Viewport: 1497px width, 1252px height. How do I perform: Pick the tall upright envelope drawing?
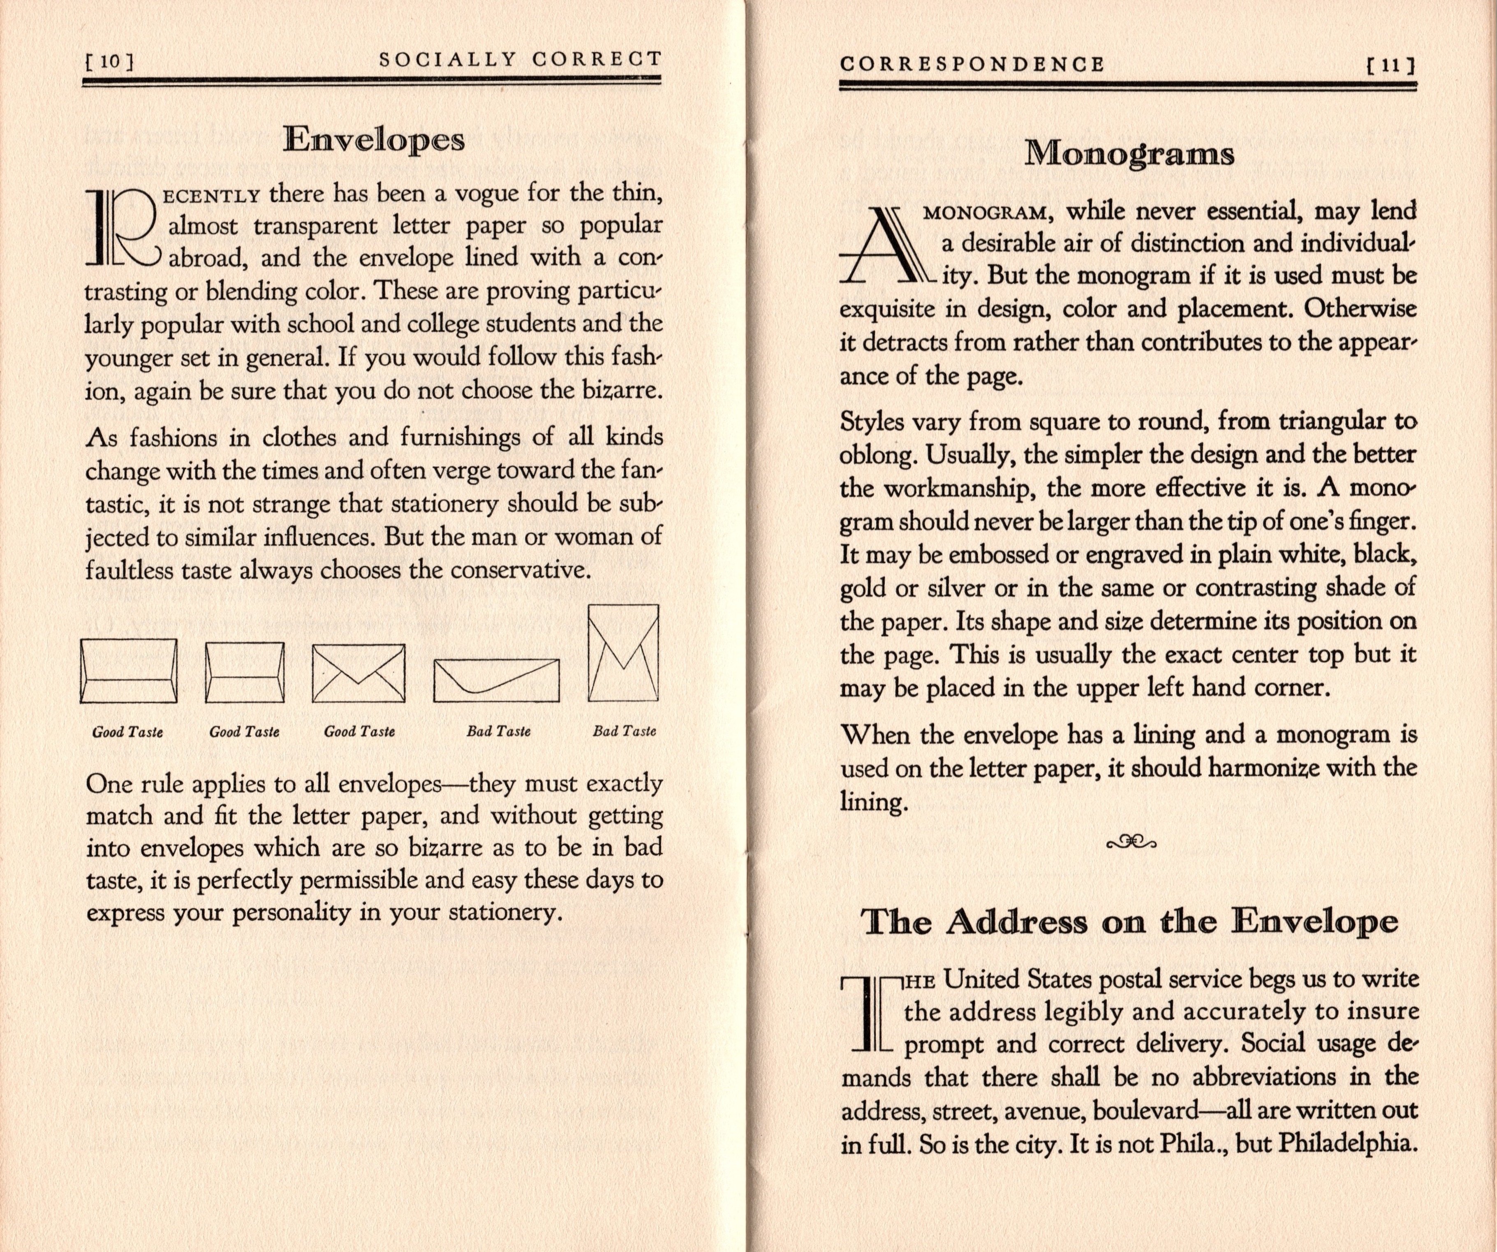623,653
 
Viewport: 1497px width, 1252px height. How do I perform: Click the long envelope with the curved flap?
496,680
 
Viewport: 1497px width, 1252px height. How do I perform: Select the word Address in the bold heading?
1016,922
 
